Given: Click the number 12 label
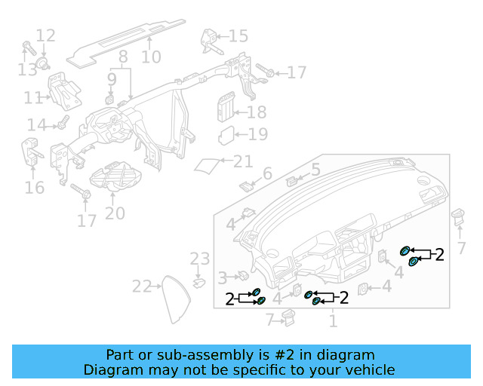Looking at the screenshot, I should [45, 35].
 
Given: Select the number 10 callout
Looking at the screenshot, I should [151, 57].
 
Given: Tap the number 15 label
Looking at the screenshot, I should [238, 35].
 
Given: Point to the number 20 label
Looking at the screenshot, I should [115, 213].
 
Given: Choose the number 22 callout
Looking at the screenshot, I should [142, 286].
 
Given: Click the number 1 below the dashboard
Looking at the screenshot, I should [333, 321].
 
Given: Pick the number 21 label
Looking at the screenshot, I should [243, 161].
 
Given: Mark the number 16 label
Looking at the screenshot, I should [35, 187].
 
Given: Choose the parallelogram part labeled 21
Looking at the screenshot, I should [208, 164].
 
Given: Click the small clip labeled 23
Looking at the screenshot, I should [199, 283].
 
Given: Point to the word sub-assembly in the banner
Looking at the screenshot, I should [189, 354].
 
